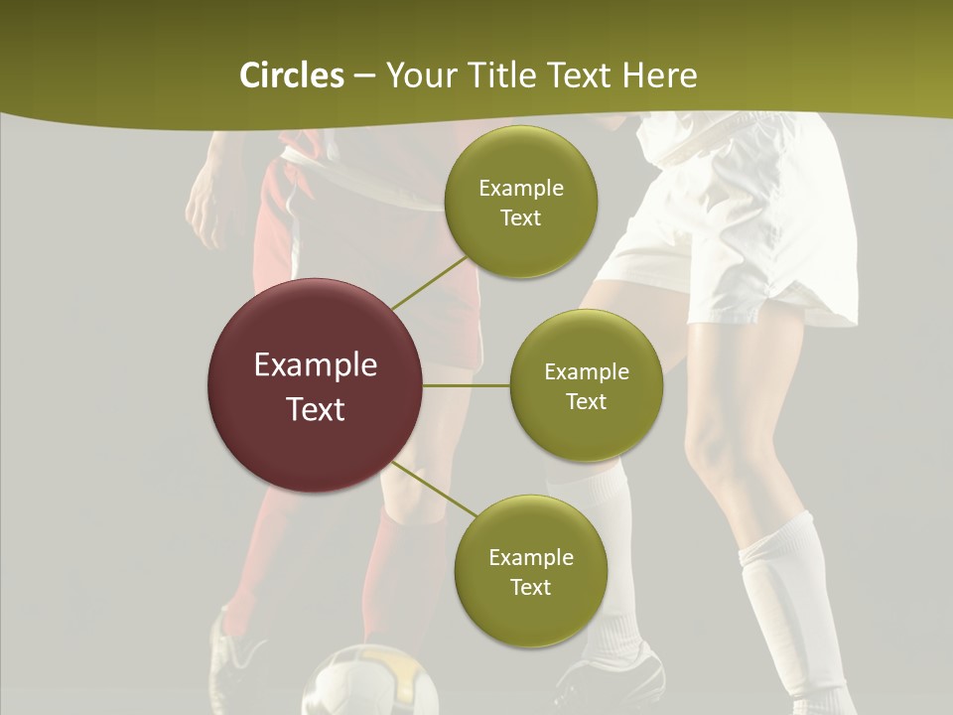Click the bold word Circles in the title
point(291,75)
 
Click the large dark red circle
point(315,385)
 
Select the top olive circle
point(520,203)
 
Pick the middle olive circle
point(586,385)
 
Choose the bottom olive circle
point(530,571)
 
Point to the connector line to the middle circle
point(467,385)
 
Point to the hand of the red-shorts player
point(204,214)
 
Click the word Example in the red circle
point(315,365)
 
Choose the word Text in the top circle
point(520,218)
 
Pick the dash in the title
point(363,76)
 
